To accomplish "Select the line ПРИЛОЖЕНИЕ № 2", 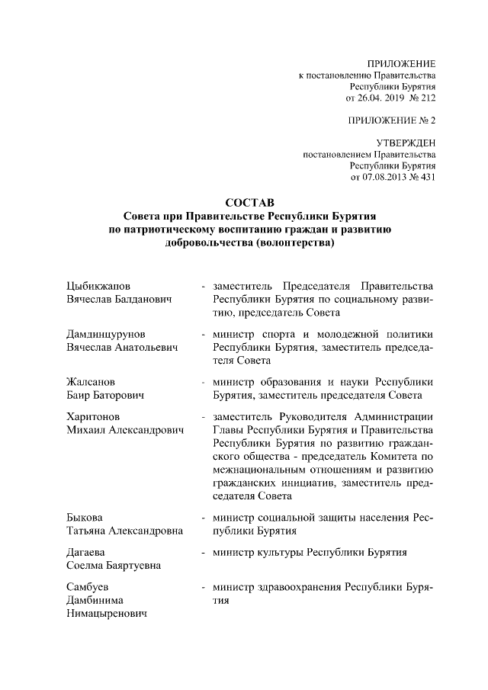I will coord(392,120).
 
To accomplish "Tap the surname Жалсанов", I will coord(91,382).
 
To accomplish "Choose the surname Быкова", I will coord(85,518).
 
